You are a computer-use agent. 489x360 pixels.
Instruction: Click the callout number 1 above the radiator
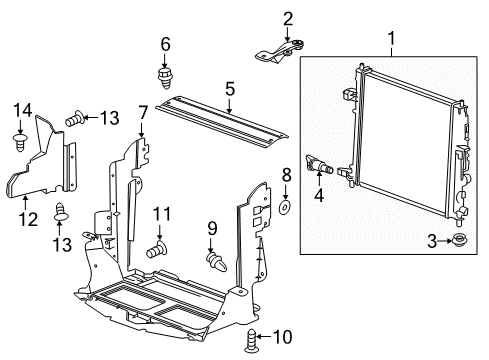pyautogui.click(x=392, y=41)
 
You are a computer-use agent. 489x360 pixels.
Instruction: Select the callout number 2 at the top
pyautogui.click(x=287, y=17)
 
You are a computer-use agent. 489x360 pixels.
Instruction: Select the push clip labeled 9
pyautogui.click(x=216, y=262)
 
